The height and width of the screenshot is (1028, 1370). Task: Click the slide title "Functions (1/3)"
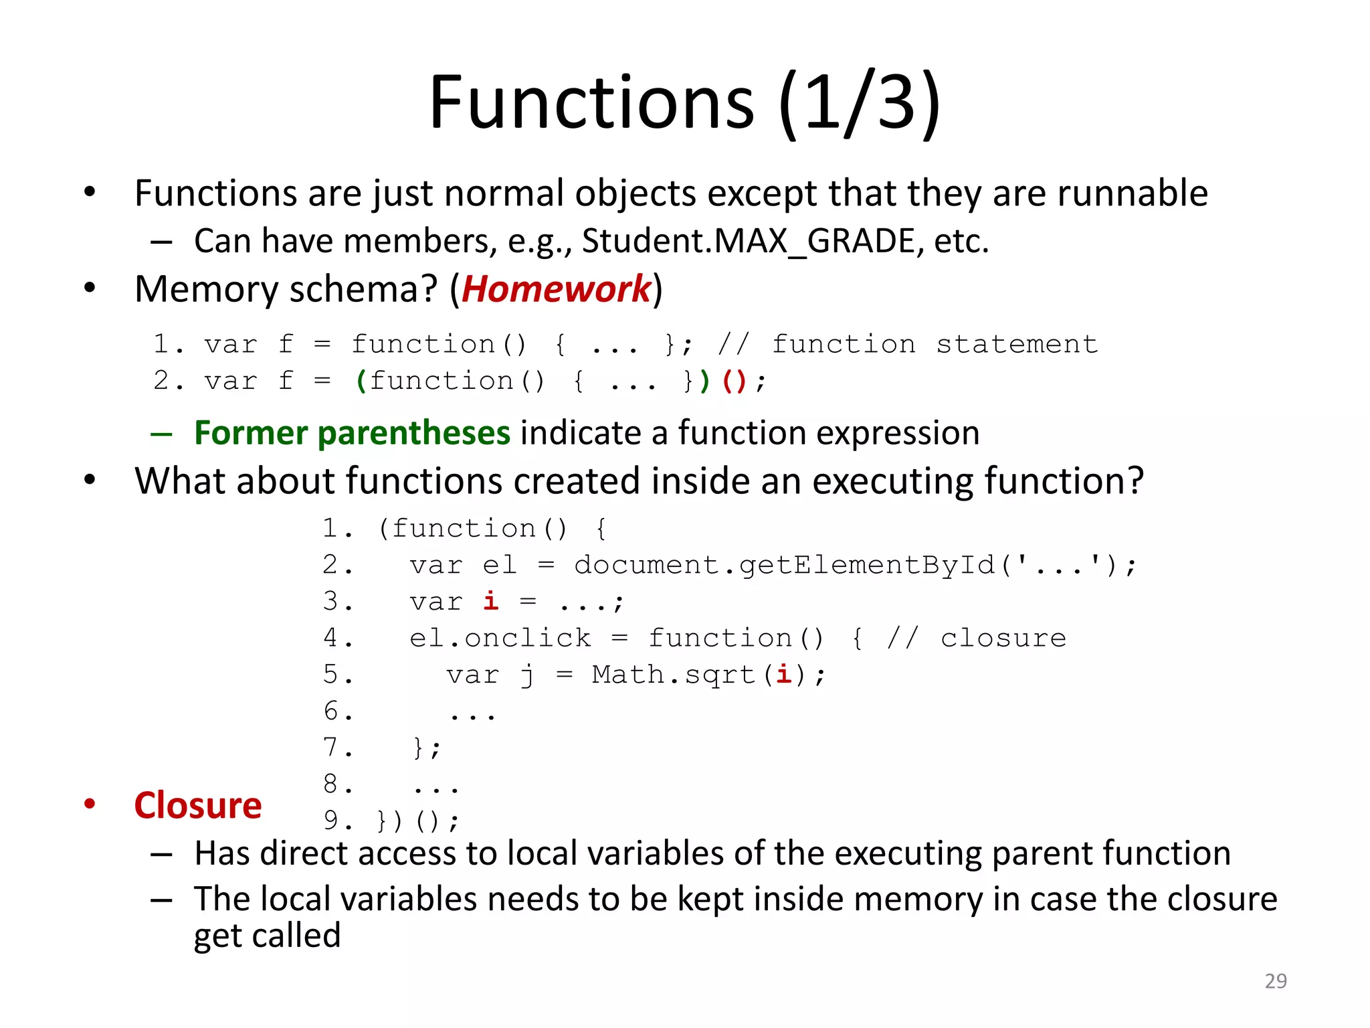tap(684, 104)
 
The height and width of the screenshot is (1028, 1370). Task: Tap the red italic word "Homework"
tap(556, 289)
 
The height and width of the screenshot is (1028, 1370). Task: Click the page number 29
tap(1275, 981)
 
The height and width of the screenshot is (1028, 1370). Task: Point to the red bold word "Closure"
tap(198, 805)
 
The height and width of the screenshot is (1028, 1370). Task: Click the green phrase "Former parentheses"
tap(352, 433)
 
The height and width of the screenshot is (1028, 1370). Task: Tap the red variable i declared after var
tap(490, 601)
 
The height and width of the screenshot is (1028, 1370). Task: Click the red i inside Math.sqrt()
tap(783, 674)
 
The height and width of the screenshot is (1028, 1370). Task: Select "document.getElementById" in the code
tap(784, 566)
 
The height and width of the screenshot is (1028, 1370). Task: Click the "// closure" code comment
tap(976, 638)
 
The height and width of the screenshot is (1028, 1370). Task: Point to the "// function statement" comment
tap(907, 345)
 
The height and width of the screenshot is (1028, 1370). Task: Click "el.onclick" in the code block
tap(500, 638)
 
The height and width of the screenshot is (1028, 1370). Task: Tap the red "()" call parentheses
tap(734, 381)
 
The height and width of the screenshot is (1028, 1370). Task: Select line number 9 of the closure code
tap(331, 821)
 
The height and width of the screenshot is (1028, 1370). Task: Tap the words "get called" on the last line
tap(267, 936)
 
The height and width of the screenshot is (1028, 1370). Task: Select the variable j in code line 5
tap(527, 675)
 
